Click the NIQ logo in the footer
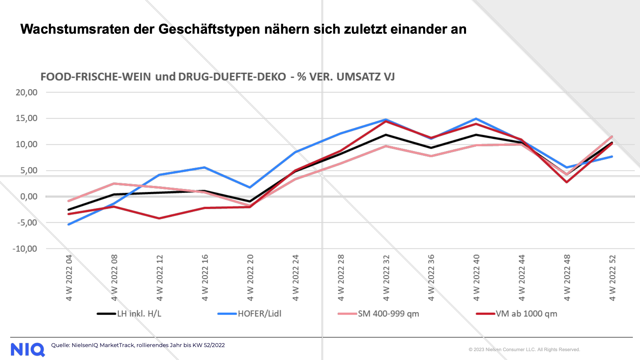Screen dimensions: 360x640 pyautogui.click(x=28, y=349)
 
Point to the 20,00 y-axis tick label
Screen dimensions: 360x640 pyautogui.click(x=27, y=92)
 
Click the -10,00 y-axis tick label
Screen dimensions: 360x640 pyautogui.click(x=25, y=249)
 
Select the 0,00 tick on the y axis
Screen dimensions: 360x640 pyautogui.click(x=29, y=197)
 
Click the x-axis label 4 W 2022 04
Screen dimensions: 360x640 pyautogui.click(x=69, y=278)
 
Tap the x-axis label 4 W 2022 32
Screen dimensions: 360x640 pyautogui.click(x=386, y=278)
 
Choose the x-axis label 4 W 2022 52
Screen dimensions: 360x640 pyautogui.click(x=612, y=278)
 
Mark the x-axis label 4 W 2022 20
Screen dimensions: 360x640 pyautogui.click(x=250, y=278)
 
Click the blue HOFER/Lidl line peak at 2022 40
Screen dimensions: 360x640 pyautogui.click(x=476, y=119)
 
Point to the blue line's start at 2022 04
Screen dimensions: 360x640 pyautogui.click(x=69, y=224)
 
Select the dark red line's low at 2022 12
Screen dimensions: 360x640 pyautogui.click(x=159, y=218)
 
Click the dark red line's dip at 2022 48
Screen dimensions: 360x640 pyautogui.click(x=567, y=182)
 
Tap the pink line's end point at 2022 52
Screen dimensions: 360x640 pyautogui.click(x=612, y=137)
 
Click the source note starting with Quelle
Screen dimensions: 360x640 pyautogui.click(x=138, y=345)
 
